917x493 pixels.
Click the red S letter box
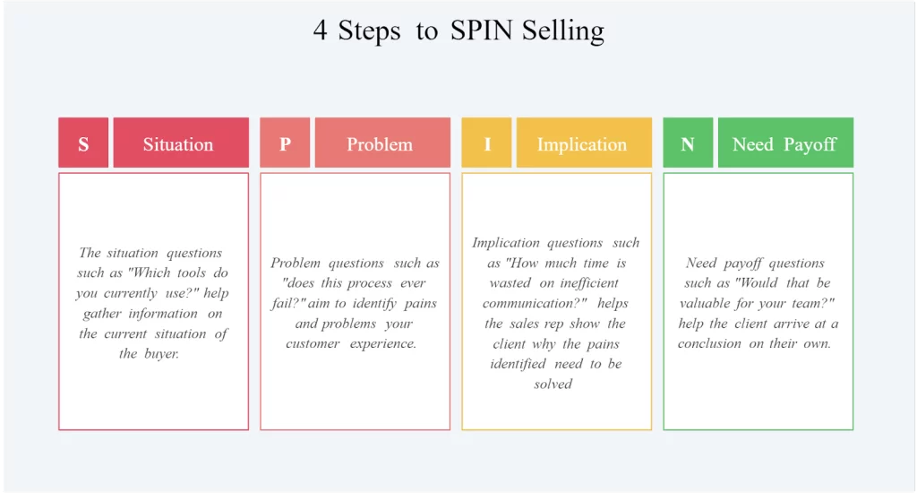pyautogui.click(x=83, y=143)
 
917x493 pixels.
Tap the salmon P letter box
pyautogui.click(x=285, y=143)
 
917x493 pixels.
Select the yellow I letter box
pyautogui.click(x=486, y=143)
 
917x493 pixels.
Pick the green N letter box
pyautogui.click(x=688, y=143)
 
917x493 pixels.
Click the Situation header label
pyautogui.click(x=178, y=144)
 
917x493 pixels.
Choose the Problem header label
pyautogui.click(x=380, y=144)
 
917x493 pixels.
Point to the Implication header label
pyautogui.click(x=582, y=144)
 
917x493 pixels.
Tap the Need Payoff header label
pyautogui.click(x=784, y=144)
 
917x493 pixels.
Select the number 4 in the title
pyautogui.click(x=320, y=30)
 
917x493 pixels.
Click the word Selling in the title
pyautogui.click(x=563, y=31)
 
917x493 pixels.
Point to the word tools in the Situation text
pyautogui.click(x=192, y=272)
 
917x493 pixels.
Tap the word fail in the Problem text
pyautogui.click(x=284, y=303)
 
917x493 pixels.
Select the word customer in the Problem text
pyautogui.click(x=313, y=343)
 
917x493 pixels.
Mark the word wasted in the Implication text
pyautogui.click(x=510, y=283)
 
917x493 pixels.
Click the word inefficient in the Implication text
pyautogui.click(x=589, y=283)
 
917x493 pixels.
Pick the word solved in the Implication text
pyautogui.click(x=553, y=385)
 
